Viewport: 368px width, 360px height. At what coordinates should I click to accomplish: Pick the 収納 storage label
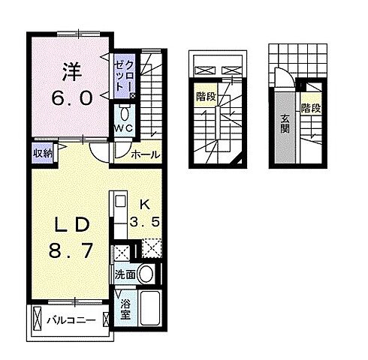tap(42, 153)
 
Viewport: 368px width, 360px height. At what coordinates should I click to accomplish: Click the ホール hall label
tap(144, 155)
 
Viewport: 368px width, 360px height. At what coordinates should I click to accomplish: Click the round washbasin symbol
tap(147, 274)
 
